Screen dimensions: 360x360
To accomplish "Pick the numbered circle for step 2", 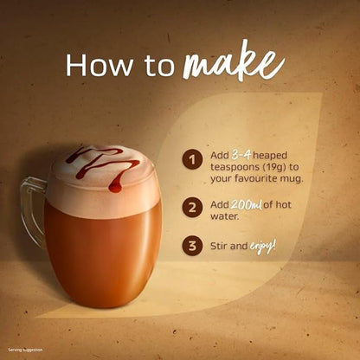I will [x=192, y=208].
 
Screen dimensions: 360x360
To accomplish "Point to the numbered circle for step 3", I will [x=192, y=246].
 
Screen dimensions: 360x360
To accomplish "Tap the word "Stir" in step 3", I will [x=220, y=246].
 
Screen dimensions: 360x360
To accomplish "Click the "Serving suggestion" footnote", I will [x=25, y=350].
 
